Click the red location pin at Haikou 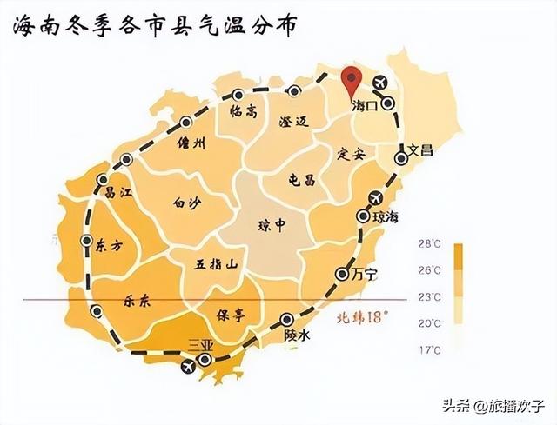[352, 80]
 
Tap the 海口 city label [363, 106]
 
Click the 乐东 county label [131, 300]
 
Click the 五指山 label [217, 263]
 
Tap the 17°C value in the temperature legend [430, 351]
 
